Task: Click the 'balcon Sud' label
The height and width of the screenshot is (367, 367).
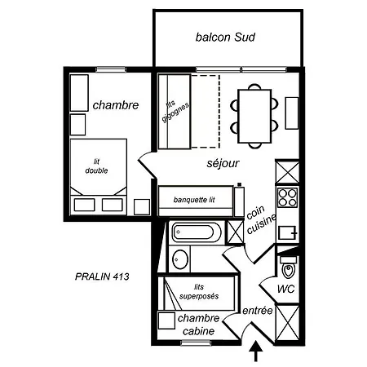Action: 225,38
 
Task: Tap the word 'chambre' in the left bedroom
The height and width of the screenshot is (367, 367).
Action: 116,105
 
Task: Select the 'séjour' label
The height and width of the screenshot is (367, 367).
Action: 223,163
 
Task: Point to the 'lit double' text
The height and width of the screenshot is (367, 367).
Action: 96,166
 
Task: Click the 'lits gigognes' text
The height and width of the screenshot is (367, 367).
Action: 175,111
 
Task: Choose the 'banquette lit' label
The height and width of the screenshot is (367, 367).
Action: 194,200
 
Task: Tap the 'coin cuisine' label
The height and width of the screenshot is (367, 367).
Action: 260,219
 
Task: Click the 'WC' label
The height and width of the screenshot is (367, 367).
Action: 286,289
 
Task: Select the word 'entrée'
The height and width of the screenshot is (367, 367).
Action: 257,311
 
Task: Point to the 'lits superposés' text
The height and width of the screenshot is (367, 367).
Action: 199,292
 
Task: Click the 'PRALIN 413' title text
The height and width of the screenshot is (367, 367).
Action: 102,276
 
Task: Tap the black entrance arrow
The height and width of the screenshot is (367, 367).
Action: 256,352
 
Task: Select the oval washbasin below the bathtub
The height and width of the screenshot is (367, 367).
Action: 180,259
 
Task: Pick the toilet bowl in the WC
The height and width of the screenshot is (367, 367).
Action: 288,268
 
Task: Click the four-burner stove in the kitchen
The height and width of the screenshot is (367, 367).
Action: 287,197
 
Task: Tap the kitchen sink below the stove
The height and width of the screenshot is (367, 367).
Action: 287,233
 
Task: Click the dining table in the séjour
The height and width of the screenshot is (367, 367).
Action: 254,116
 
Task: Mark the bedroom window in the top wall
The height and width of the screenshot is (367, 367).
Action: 111,69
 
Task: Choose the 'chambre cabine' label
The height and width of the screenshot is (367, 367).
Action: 198,325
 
